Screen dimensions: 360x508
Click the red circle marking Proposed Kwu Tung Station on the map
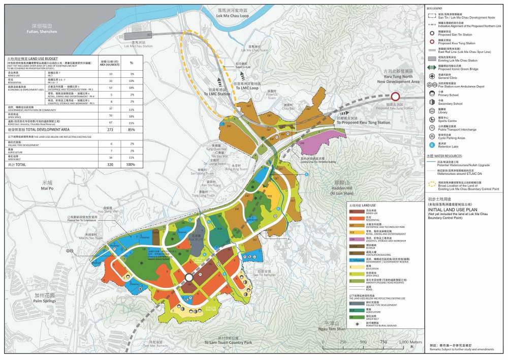(x=395, y=97)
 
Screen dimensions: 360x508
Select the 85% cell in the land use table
(x=132, y=130)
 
